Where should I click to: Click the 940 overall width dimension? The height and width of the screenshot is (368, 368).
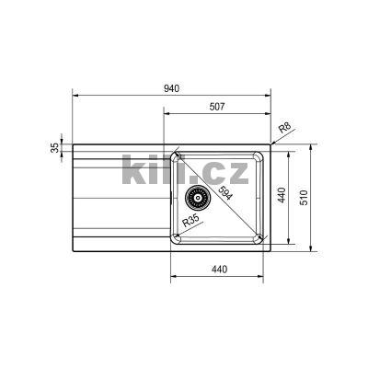coord(170,88)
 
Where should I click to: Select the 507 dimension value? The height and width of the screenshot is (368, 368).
coord(217,107)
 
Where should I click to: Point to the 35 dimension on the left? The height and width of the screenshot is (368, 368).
coord(55,147)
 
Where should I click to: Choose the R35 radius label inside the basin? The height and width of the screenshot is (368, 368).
coord(191,220)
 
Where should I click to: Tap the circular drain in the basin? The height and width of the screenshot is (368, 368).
coord(195,195)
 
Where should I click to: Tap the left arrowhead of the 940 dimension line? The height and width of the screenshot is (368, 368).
coord(75,95)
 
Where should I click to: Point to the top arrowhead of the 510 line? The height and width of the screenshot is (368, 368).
coord(314,145)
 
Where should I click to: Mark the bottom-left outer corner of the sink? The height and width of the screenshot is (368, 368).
coord(73,250)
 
